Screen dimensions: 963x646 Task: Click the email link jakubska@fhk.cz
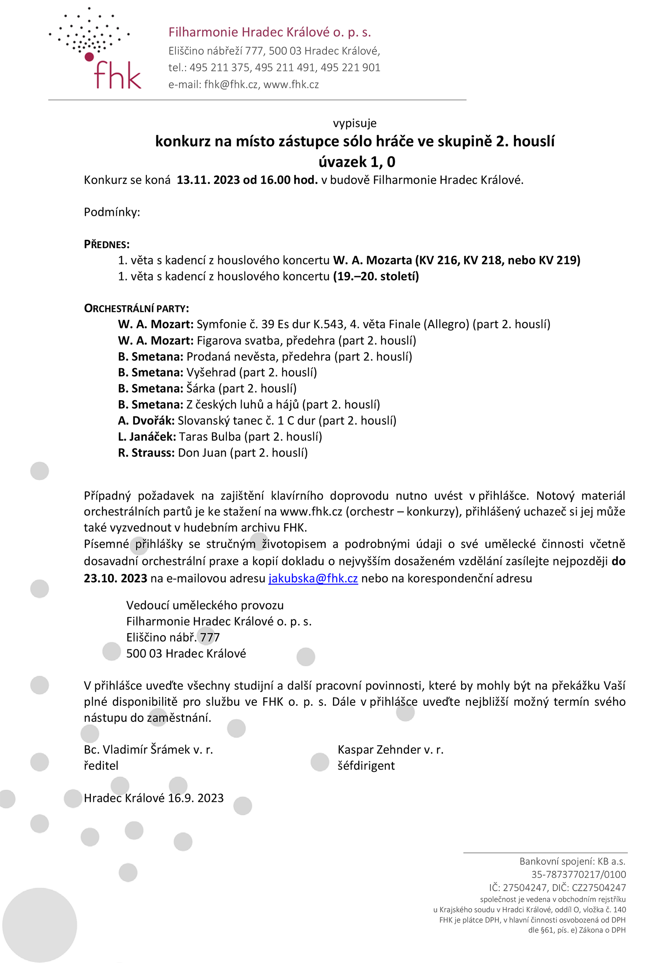(313, 578)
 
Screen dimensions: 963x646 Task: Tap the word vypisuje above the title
(354, 123)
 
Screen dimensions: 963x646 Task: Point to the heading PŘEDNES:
(106, 245)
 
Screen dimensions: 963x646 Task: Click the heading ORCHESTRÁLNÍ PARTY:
(136, 308)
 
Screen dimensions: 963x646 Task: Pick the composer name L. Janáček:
(146, 437)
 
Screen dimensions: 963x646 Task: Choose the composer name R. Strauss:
(146, 453)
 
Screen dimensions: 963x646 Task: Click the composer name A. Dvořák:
(146, 420)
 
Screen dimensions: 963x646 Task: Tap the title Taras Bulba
(210, 437)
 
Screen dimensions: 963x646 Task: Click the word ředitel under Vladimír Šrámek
(101, 766)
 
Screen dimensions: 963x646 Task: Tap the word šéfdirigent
(366, 766)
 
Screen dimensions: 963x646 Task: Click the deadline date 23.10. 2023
(115, 578)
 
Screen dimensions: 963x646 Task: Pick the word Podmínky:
(112, 212)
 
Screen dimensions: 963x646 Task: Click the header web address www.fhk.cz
(291, 84)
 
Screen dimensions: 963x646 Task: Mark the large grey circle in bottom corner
(40, 925)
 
